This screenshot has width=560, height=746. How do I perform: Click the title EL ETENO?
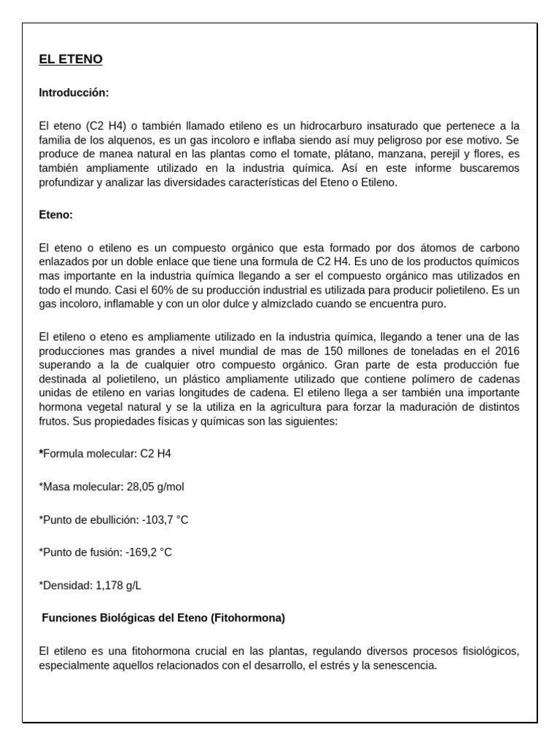click(71, 60)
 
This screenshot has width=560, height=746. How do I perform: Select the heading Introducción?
click(74, 93)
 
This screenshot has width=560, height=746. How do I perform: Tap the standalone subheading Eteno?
click(56, 215)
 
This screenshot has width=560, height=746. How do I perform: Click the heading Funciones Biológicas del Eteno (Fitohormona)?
click(163, 618)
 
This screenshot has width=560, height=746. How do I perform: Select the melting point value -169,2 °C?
click(149, 552)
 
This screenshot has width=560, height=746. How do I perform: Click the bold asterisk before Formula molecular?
click(41, 453)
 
